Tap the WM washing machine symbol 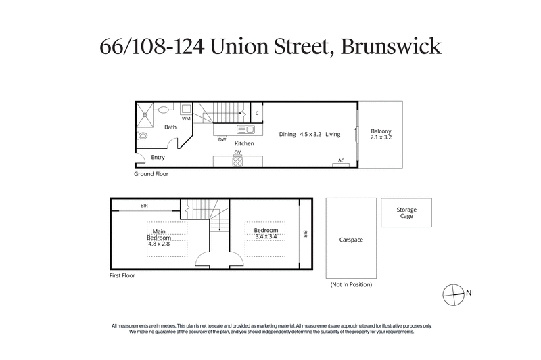point(185,110)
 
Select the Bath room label point(170,127)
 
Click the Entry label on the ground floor point(158,157)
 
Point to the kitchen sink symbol point(245,129)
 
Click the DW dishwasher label point(222,140)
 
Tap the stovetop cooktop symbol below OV point(237,161)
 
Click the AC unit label point(341,161)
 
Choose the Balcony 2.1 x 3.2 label point(381,134)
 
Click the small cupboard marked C point(257,113)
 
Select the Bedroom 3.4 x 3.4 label point(266,233)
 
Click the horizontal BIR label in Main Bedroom point(144,204)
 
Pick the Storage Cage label point(406,213)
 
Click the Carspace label point(352,239)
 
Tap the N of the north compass point(469,293)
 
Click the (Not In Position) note point(351,284)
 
